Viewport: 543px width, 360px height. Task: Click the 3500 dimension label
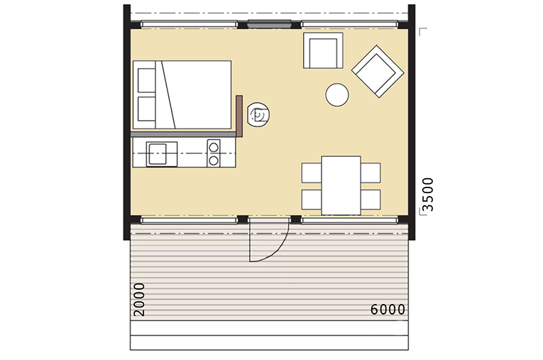tap(429, 195)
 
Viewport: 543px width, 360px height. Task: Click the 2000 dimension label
tap(139, 300)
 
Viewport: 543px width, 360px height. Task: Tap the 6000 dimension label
tap(388, 310)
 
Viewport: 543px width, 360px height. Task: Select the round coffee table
tap(337, 94)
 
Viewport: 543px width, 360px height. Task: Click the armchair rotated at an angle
tap(378, 72)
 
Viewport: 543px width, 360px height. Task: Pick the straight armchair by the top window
tap(323, 50)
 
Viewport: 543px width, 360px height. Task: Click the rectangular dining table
tap(341, 185)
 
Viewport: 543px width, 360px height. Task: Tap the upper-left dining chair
tap(312, 173)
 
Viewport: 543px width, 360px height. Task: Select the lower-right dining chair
tap(371, 200)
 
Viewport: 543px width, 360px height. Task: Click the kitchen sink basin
tap(157, 154)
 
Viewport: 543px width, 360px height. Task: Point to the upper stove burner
tap(214, 147)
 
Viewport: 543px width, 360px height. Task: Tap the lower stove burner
tap(214, 160)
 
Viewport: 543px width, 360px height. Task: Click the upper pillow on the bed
tap(146, 80)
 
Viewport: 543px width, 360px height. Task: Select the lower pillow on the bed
tap(146, 109)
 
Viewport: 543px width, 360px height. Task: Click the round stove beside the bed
tap(258, 114)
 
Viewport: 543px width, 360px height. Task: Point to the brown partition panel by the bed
tap(239, 116)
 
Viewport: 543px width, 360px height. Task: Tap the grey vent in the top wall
tap(269, 24)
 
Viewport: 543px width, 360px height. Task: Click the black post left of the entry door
tap(243, 219)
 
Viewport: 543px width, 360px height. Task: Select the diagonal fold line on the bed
tap(169, 95)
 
